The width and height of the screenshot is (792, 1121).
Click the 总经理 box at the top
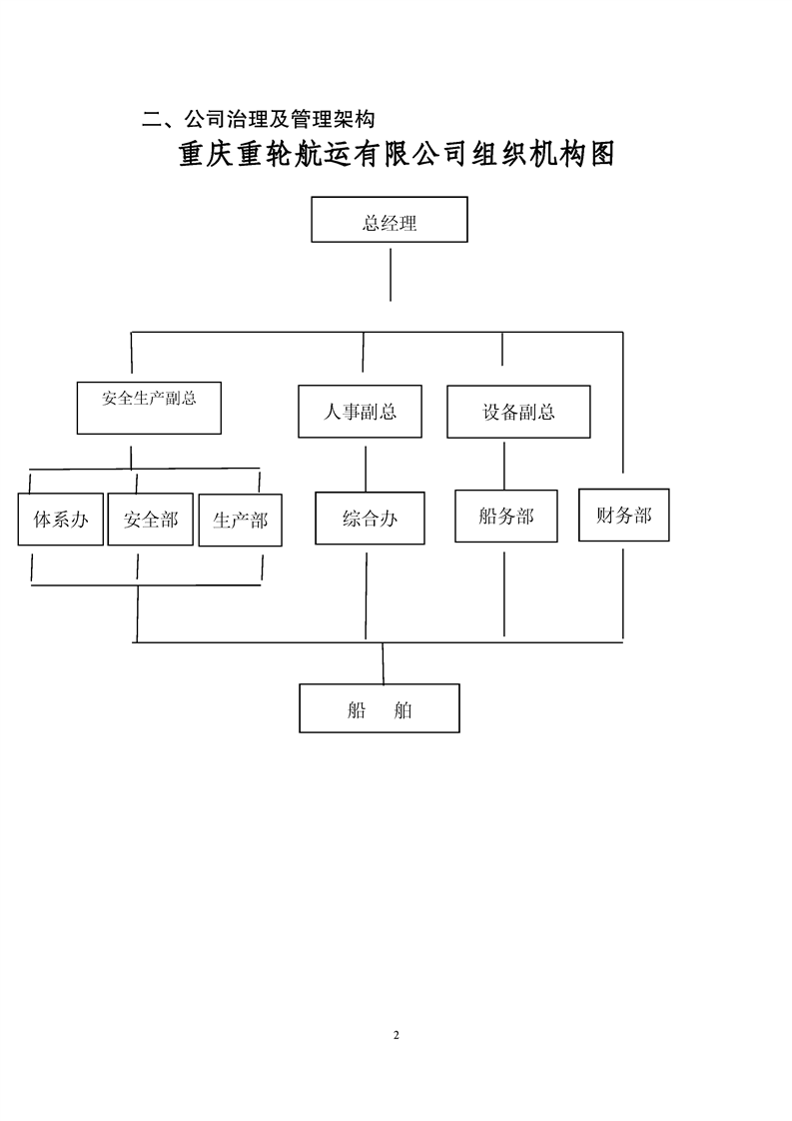390,220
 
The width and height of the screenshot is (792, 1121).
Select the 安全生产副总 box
149,408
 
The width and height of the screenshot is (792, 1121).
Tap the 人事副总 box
360,411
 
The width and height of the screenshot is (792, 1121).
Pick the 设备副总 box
518,411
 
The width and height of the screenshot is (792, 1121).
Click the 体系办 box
61,519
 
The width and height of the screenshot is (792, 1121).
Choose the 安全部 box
150,519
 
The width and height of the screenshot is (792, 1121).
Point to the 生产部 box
240,520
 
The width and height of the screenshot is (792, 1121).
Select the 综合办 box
370,518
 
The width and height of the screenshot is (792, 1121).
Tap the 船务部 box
506,516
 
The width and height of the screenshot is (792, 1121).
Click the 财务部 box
624,515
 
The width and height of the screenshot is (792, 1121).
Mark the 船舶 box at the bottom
379,707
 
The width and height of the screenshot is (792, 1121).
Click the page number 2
396,1034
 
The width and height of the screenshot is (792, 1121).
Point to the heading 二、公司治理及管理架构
258,119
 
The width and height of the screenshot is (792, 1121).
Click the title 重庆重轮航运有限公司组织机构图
396,154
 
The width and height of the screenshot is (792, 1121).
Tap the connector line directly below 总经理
391,275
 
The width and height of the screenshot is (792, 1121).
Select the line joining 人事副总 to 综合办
366,469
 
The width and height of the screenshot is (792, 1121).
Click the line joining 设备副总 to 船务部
504,466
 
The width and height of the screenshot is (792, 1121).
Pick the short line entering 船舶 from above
384,663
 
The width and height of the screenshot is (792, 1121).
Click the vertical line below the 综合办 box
366,595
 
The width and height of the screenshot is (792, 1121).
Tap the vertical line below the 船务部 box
504,593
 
